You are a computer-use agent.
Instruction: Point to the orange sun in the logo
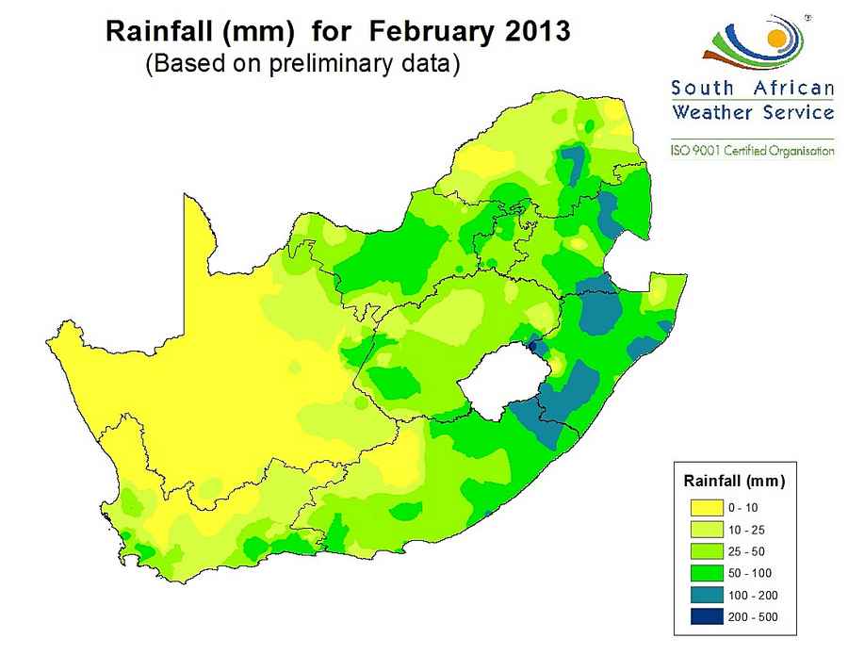[776, 39]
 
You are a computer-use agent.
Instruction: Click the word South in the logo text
[703, 89]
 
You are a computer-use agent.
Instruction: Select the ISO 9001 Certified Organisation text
[752, 150]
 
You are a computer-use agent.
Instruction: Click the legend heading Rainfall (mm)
[734, 482]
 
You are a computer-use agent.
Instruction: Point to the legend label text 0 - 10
[744, 508]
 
